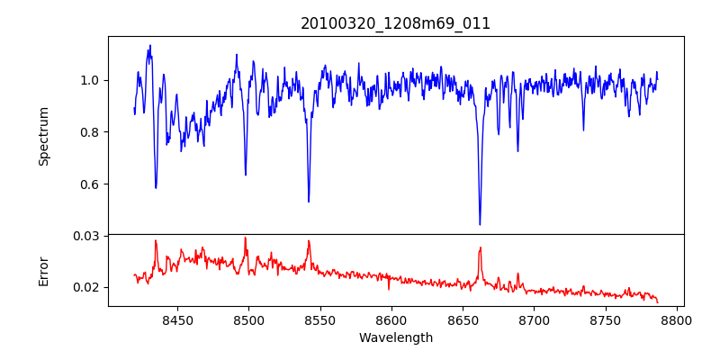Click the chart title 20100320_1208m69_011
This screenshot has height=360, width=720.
click(x=395, y=23)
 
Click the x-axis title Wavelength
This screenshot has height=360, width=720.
click(x=395, y=337)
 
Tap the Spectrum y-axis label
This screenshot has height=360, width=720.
click(x=43, y=136)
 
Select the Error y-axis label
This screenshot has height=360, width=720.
click(x=43, y=270)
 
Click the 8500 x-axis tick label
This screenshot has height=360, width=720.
click(x=248, y=319)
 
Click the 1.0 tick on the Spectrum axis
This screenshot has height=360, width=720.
click(x=91, y=80)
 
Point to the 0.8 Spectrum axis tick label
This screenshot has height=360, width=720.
click(x=91, y=132)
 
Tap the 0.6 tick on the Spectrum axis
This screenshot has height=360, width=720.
click(x=91, y=184)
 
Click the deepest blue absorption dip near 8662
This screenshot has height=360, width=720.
click(x=480, y=224)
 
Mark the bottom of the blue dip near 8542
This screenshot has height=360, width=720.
click(x=309, y=201)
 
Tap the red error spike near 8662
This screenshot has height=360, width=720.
click(x=480, y=248)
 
